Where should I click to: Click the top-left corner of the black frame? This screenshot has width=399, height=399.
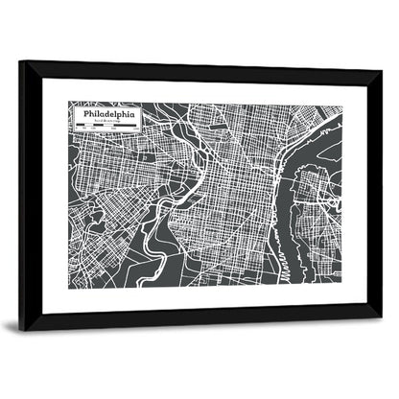[x=21, y=63]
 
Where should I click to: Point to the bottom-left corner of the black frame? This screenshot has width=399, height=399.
[x=22, y=326]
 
